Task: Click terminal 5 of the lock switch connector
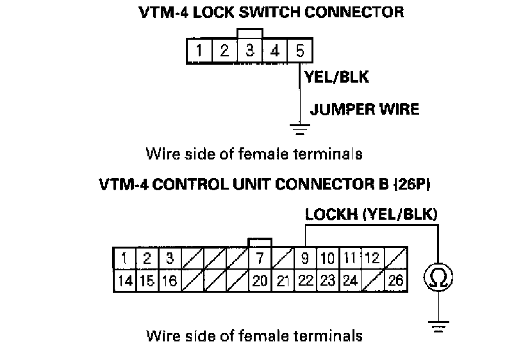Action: (299, 51)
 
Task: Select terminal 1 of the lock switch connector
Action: (199, 51)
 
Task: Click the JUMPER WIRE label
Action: (364, 109)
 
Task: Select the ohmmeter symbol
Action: (438, 277)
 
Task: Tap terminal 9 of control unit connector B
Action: (305, 259)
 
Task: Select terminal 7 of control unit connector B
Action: (260, 259)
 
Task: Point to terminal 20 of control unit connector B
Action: (260, 280)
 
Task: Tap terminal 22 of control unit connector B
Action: (305, 280)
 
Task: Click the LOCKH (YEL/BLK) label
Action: (371, 215)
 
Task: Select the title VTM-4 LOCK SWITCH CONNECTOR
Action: (271, 12)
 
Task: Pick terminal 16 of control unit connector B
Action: (169, 280)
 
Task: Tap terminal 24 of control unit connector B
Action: (350, 280)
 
